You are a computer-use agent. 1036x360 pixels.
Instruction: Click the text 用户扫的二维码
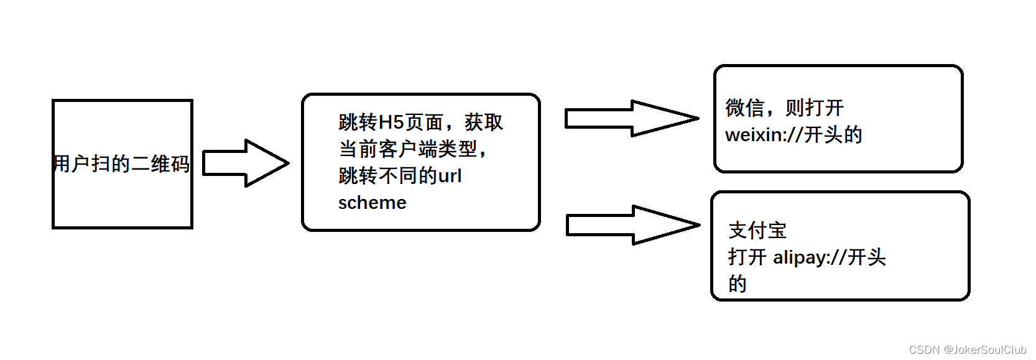click(122, 164)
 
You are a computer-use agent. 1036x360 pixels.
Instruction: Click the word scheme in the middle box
click(372, 203)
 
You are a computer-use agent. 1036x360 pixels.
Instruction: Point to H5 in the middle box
click(391, 122)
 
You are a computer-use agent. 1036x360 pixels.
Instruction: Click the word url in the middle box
click(449, 176)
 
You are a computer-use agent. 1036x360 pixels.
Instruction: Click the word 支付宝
click(757, 231)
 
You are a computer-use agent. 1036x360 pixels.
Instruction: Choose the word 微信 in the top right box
click(744, 108)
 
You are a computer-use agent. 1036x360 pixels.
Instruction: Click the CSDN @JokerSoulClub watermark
click(968, 349)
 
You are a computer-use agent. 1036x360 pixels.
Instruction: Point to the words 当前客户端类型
click(408, 149)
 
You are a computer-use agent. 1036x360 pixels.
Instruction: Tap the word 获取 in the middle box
click(484, 122)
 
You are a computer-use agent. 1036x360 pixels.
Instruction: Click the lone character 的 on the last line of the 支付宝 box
click(738, 284)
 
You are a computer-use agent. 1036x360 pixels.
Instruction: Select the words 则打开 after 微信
click(815, 108)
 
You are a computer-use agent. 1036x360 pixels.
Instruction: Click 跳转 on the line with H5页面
click(358, 122)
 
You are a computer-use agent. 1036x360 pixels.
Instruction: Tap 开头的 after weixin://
click(833, 135)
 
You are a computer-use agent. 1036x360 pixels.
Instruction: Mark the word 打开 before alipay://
click(747, 257)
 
